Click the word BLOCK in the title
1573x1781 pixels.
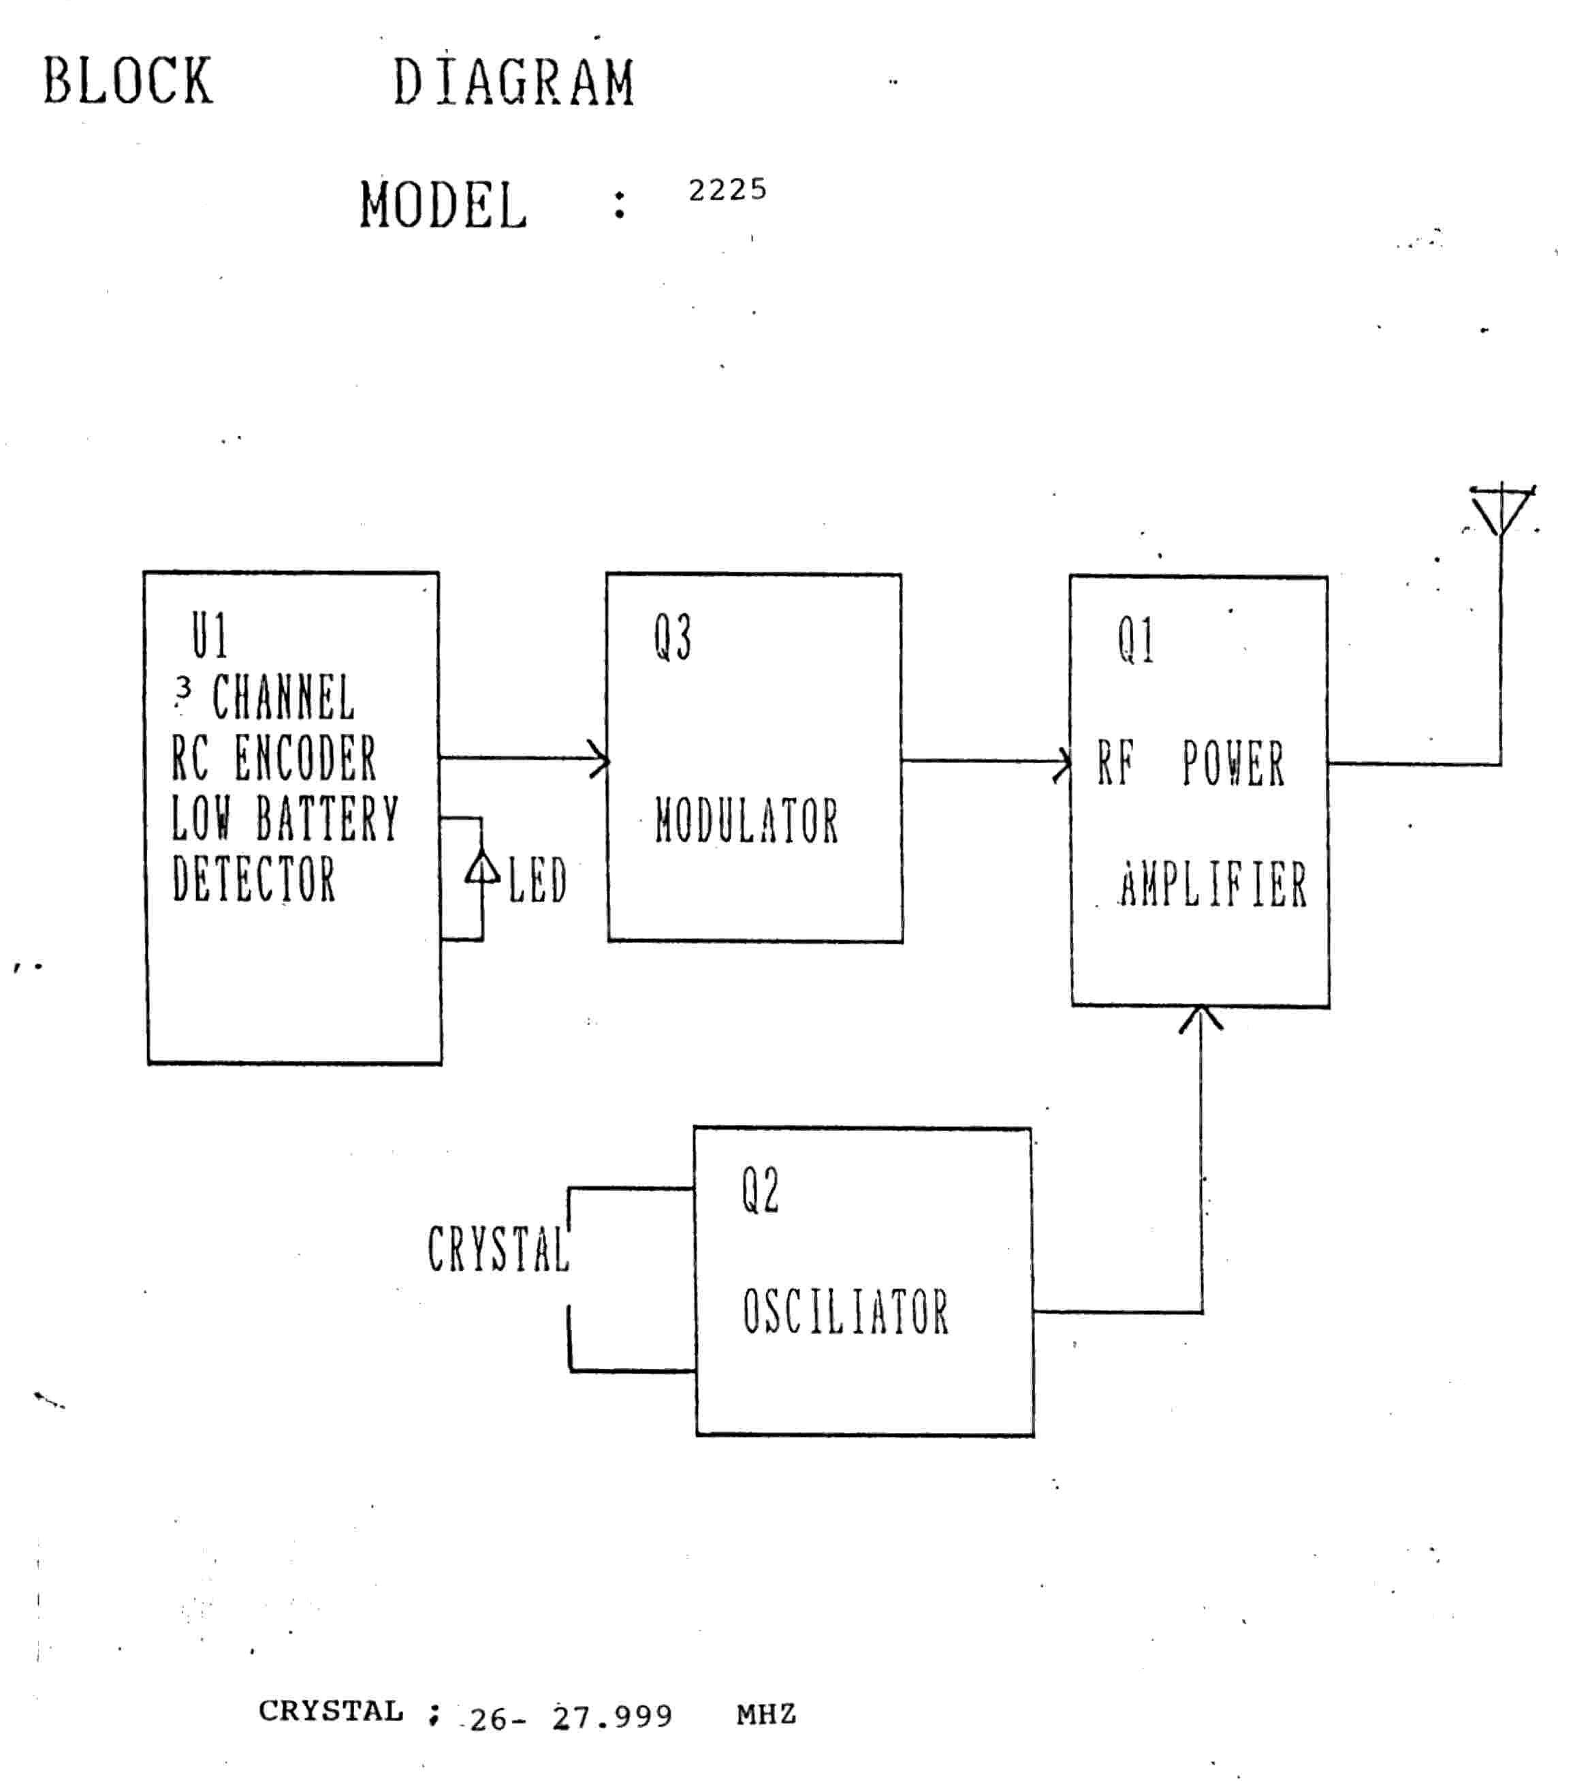coord(128,81)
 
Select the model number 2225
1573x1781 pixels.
coord(727,190)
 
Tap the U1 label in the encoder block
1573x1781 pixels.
coord(210,636)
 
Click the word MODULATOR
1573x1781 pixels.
coord(746,821)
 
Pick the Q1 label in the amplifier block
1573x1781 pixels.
coord(1136,640)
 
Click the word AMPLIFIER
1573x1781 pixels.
coord(1213,885)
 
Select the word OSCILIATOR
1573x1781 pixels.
coord(845,1313)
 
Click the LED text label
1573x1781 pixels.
coord(537,880)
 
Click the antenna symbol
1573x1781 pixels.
coord(1501,510)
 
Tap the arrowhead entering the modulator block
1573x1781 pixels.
coord(599,760)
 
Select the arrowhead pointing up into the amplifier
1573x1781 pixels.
coord(1201,1019)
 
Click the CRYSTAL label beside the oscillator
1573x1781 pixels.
coord(497,1250)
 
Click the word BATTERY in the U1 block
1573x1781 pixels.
coord(328,818)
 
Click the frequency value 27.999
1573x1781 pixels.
coord(612,1716)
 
